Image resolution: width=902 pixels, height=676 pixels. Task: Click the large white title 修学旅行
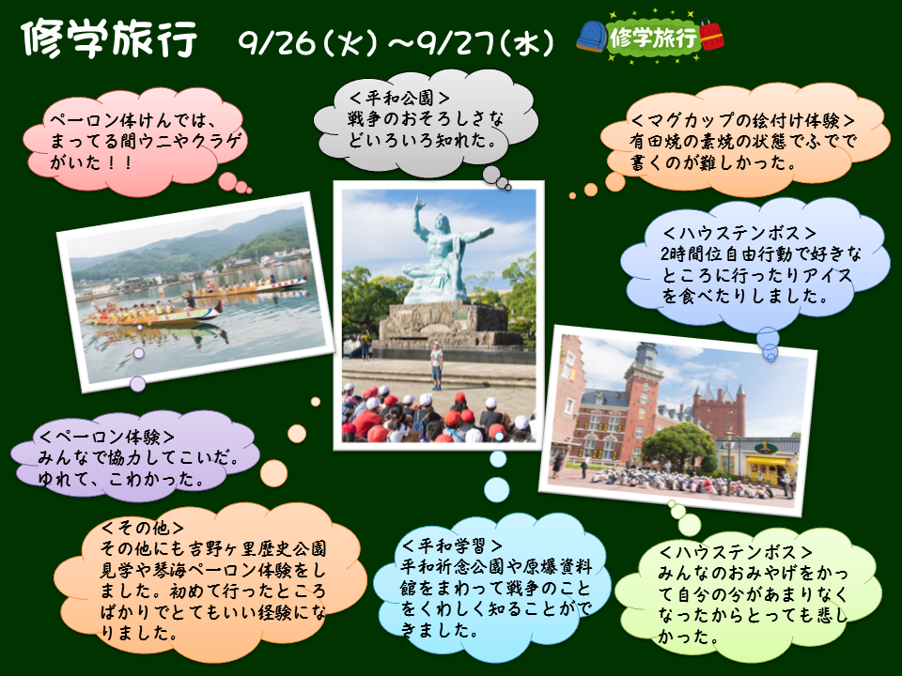point(109,39)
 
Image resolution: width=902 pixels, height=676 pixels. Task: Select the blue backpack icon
point(592,37)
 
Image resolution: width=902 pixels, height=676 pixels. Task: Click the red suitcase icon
point(711,35)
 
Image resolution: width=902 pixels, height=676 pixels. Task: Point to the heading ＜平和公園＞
point(400,98)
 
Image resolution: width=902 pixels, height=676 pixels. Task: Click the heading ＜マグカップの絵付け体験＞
point(743,120)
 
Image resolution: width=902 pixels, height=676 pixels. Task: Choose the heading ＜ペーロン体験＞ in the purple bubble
point(107,437)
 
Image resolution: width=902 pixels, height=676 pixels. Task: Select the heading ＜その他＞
point(143,528)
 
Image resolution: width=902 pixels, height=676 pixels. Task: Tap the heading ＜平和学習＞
point(453,545)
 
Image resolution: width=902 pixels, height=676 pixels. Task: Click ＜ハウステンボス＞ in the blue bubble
point(739,233)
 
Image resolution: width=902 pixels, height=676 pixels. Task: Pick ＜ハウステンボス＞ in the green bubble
point(736,552)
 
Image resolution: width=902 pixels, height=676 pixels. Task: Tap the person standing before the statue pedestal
point(437,365)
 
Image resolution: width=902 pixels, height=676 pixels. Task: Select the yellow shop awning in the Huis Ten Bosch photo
point(766,460)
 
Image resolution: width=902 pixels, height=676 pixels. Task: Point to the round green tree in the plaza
point(677,446)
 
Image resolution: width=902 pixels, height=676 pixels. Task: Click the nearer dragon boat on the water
point(152,314)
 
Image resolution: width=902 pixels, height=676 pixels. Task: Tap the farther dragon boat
point(250,285)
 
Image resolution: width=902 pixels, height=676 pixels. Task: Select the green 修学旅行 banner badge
point(653,38)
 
